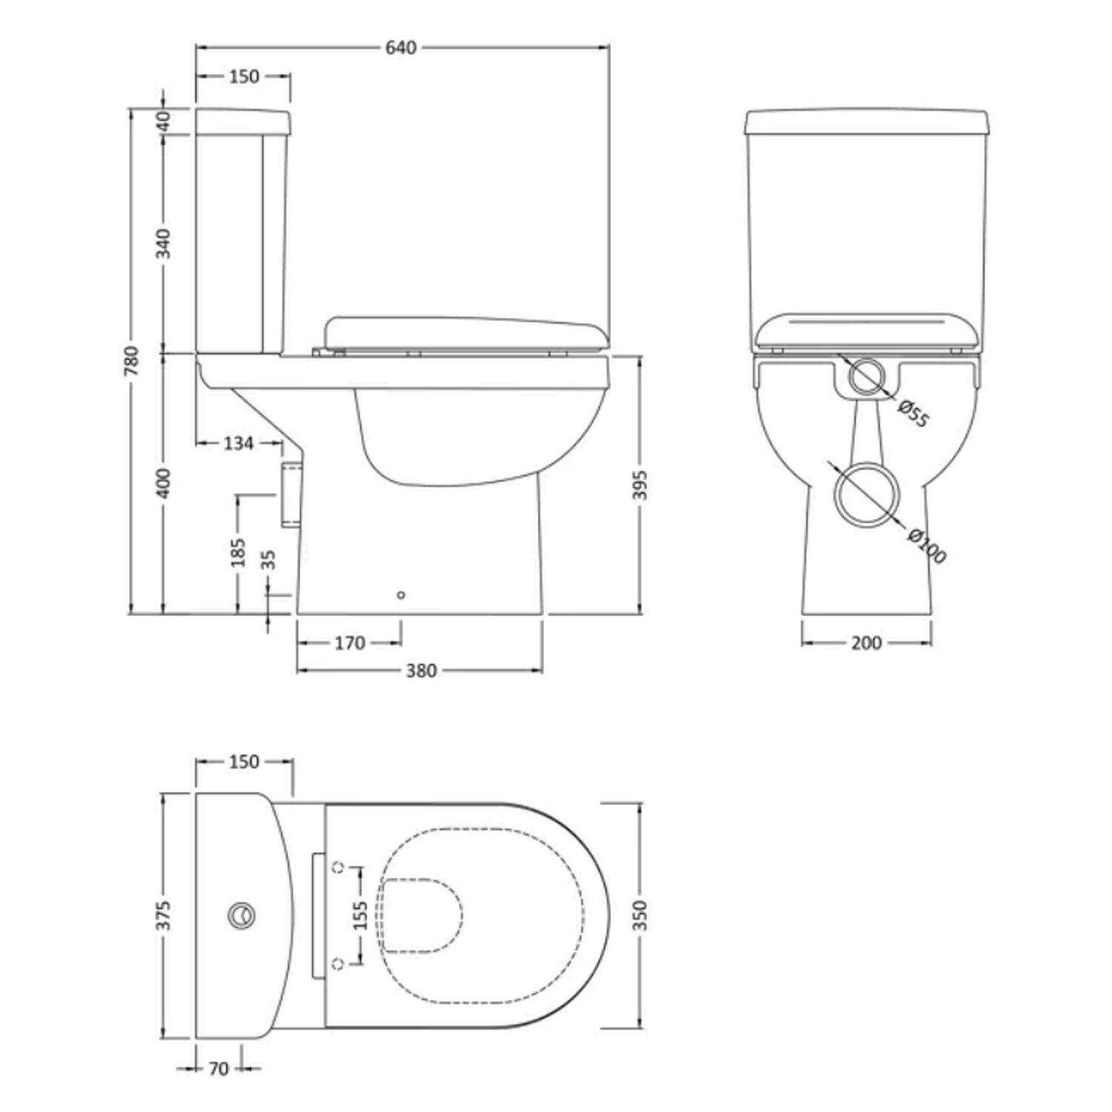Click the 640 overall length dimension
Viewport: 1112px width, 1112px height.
401,48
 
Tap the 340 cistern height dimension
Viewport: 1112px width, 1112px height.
164,243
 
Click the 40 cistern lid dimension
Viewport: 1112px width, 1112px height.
164,120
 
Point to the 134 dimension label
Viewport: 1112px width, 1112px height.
238,443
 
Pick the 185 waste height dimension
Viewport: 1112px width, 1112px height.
238,552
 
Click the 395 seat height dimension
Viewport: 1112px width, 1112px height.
640,485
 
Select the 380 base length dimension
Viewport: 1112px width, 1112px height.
421,671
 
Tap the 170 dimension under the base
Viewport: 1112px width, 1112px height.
349,643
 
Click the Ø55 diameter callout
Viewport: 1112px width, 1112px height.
913,414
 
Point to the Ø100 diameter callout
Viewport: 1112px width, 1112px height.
927,546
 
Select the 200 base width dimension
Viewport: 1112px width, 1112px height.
866,643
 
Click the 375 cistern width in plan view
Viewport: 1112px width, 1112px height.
164,916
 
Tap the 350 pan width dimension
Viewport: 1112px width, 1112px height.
640,916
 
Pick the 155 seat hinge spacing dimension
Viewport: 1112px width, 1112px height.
360,916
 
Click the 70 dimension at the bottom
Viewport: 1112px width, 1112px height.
219,1068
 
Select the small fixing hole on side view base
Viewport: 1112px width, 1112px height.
401,595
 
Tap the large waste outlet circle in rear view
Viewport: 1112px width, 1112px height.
867,494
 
